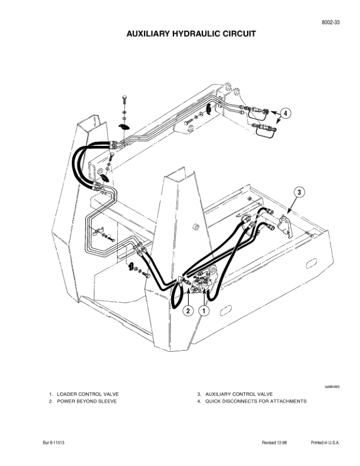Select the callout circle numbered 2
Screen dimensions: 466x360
pyautogui.click(x=188, y=310)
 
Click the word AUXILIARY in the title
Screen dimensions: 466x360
pyautogui.click(x=149, y=35)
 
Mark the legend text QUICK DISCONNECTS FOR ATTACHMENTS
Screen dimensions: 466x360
pyautogui.click(x=256, y=401)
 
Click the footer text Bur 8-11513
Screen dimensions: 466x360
pyautogui.click(x=54, y=442)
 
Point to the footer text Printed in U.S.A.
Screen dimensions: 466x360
pyautogui.click(x=325, y=442)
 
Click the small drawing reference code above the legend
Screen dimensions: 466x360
pyautogui.click(x=333, y=387)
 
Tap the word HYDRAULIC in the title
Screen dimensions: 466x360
pyautogui.click(x=195, y=35)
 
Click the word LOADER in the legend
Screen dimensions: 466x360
pyautogui.click(x=66, y=394)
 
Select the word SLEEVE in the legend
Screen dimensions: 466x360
pyautogui.click(x=107, y=401)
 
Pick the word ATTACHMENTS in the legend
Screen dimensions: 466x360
pyautogui.click(x=288, y=401)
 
